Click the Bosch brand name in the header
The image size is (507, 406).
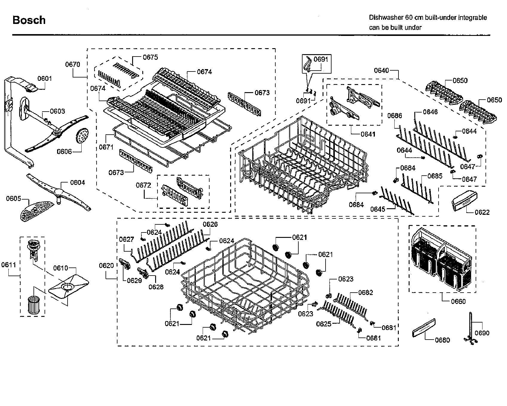pos(29,20)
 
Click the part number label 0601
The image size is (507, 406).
pos(45,78)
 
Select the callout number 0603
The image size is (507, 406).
pos(57,111)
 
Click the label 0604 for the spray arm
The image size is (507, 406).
pos(77,183)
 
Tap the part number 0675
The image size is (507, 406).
pos(150,57)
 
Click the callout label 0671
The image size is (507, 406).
pos(106,147)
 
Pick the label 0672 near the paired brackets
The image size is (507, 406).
pos(143,185)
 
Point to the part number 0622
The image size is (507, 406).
pos(482,212)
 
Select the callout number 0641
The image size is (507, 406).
pos(368,134)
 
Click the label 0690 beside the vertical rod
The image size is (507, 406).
pos(482,333)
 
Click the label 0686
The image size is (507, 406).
pos(395,116)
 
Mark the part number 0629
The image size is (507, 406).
pos(135,280)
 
